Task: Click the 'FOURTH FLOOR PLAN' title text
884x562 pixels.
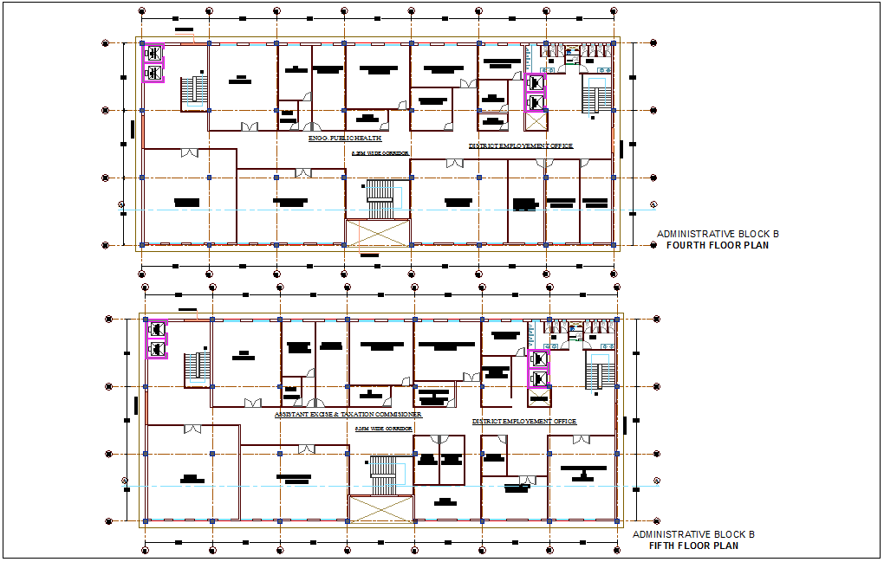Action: pyautogui.click(x=717, y=245)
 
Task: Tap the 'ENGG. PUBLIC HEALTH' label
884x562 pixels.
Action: pyautogui.click(x=345, y=139)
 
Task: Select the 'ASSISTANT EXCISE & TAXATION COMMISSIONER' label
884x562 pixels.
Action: pyautogui.click(x=348, y=415)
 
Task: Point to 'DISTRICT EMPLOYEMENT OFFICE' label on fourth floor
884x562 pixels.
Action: pyautogui.click(x=521, y=146)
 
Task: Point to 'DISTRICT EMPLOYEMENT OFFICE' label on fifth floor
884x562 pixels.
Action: pyautogui.click(x=523, y=422)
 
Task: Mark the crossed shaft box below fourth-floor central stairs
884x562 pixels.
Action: pyautogui.click(x=377, y=234)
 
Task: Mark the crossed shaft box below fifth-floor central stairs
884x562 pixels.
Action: pyautogui.click(x=380, y=508)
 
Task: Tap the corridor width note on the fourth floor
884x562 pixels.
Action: pyautogui.click(x=380, y=153)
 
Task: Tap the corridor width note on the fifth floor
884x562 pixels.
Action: pyautogui.click(x=382, y=429)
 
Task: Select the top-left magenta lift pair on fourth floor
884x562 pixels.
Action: pyautogui.click(x=153, y=62)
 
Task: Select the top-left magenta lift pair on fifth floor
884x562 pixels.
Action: pyautogui.click(x=157, y=339)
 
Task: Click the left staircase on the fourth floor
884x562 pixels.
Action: pyautogui.click(x=194, y=93)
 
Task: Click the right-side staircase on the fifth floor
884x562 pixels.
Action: pyautogui.click(x=598, y=371)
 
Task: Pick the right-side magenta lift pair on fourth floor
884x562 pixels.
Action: pyautogui.click(x=536, y=93)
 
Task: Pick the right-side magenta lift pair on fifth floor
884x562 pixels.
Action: pyautogui.click(x=539, y=369)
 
